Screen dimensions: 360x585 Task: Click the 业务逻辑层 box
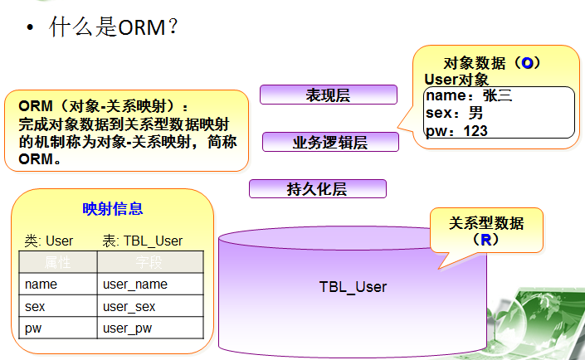(x=330, y=142)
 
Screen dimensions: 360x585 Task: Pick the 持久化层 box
(x=317, y=189)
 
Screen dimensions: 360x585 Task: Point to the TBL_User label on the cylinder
(x=353, y=287)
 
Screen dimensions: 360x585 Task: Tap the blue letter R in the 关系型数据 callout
(x=485, y=240)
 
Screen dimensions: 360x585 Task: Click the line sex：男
(x=453, y=113)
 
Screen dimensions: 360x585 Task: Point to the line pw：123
(x=456, y=130)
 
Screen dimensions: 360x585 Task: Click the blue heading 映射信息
(x=113, y=209)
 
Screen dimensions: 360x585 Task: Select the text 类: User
(x=49, y=241)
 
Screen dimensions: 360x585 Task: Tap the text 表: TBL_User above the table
(x=142, y=241)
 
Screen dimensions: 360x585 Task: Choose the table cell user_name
(x=135, y=285)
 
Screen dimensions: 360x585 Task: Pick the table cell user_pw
(x=129, y=328)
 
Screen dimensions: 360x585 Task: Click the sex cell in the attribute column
(x=35, y=306)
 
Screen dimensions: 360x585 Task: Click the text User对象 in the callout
(x=456, y=80)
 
